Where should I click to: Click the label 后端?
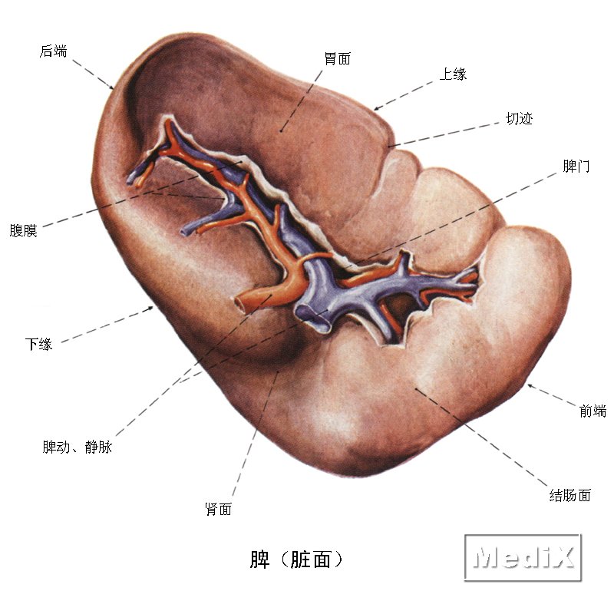[x=53, y=51]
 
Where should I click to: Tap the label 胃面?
[x=338, y=59]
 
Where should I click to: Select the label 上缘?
[x=453, y=74]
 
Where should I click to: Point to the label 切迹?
[x=520, y=118]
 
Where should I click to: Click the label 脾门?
[x=576, y=166]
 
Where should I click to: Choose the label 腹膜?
[x=23, y=230]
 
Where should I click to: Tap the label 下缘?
[x=38, y=344]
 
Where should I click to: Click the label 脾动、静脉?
[x=78, y=447]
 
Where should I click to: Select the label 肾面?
[x=219, y=509]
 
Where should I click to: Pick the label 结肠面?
[x=569, y=495]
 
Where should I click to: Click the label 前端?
[x=593, y=411]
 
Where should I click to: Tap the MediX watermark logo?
[x=523, y=557]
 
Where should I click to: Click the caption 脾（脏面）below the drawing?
[x=296, y=560]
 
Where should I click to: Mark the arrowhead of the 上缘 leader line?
[x=376, y=109]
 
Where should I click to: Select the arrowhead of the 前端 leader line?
[x=530, y=386]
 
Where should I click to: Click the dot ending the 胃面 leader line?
[x=281, y=131]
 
